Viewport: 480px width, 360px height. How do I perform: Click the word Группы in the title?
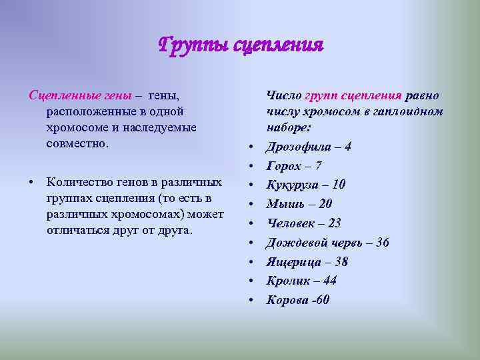tap(190, 45)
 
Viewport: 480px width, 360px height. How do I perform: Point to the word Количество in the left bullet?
tap(81, 182)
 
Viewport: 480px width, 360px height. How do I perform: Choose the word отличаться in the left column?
tap(77, 230)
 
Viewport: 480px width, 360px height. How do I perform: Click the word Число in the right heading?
tap(284, 96)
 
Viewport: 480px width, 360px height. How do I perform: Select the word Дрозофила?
tap(297, 147)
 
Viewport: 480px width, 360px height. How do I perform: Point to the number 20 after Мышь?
tap(325, 204)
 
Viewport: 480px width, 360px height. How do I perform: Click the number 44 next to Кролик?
tap(329, 281)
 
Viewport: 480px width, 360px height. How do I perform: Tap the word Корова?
tap(287, 300)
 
